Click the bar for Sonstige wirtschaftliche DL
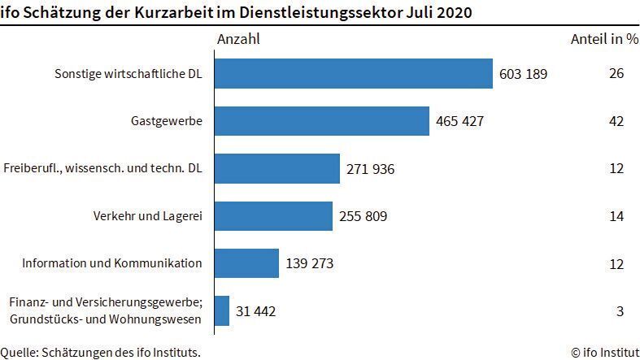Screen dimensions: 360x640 pos(354,74)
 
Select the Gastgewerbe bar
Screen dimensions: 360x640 pos(322,121)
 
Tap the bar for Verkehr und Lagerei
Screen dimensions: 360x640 pos(274,216)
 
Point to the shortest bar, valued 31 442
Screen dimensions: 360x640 pos(222,310)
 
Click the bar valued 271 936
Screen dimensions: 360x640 pos(277,169)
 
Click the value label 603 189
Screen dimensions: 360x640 pos(524,74)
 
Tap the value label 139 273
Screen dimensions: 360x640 pos(310,263)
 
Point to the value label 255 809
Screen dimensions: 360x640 pos(364,216)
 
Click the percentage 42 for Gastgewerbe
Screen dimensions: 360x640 pos(616,121)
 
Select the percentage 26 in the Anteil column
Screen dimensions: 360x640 pos(616,74)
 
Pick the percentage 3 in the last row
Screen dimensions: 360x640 pos(619,310)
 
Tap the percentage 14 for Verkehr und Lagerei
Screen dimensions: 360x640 pos(616,216)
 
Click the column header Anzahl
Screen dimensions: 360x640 pos(239,39)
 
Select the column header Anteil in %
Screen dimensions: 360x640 pos(604,39)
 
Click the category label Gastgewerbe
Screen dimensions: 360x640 pos(166,121)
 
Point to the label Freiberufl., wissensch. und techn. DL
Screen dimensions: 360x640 pos(102,169)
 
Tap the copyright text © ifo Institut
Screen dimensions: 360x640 pos(604,352)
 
